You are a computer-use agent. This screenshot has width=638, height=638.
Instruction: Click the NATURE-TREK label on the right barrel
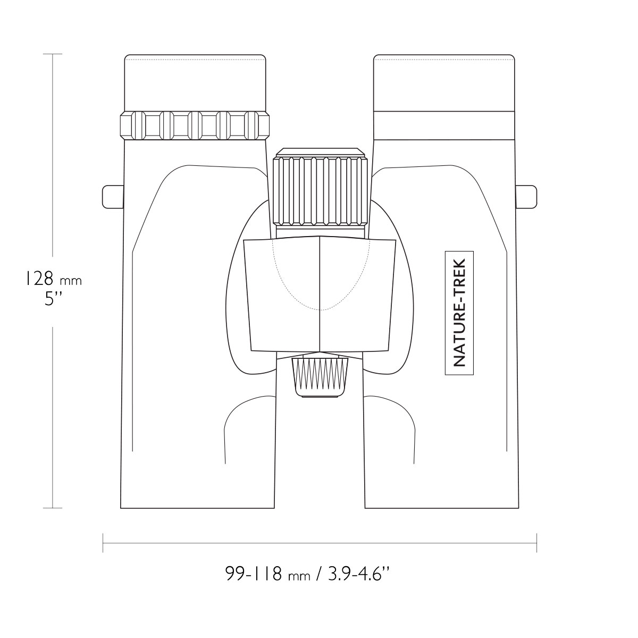[459, 313]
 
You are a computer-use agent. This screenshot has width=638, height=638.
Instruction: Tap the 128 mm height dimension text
[53, 279]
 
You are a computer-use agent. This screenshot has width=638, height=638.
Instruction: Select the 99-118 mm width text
[268, 573]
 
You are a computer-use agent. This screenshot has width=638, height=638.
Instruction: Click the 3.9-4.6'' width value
[358, 573]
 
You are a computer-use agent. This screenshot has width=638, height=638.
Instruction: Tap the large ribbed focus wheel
[320, 190]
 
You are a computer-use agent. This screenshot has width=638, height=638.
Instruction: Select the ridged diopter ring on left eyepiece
[195, 125]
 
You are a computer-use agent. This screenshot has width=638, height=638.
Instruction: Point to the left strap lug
[113, 197]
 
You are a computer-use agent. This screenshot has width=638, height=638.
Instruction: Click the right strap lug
[526, 197]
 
